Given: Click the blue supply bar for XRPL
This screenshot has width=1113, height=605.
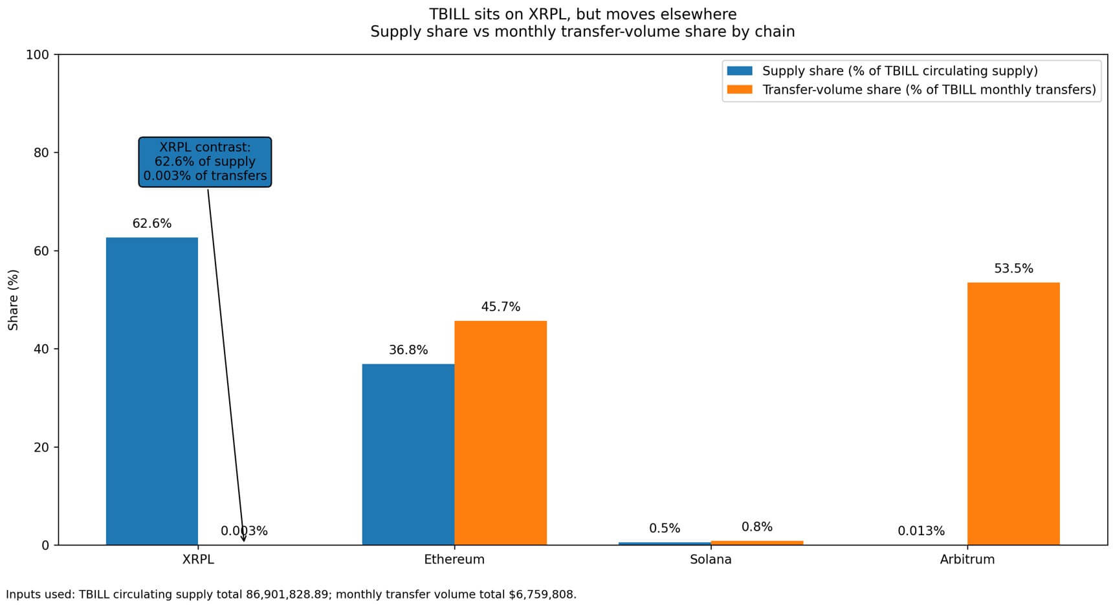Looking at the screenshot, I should click(x=152, y=391).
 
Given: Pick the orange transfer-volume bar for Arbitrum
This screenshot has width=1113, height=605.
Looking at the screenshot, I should click(x=1013, y=413).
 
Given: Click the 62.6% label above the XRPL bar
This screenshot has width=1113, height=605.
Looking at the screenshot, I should click(x=152, y=224).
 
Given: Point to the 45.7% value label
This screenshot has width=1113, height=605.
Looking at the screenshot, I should click(x=500, y=307).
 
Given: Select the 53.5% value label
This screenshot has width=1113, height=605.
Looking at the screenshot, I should click(x=1013, y=269).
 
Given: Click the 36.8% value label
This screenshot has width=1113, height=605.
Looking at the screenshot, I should click(x=408, y=350).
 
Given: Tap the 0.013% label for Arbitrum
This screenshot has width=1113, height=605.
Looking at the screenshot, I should click(x=921, y=531).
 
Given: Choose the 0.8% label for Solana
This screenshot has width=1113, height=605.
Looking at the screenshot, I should click(x=757, y=527).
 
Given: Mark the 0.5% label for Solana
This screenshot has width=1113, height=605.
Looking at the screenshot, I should click(x=665, y=529).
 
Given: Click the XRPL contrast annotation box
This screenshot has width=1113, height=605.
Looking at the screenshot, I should click(x=205, y=162).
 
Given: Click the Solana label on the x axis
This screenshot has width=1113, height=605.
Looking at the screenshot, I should click(x=711, y=560).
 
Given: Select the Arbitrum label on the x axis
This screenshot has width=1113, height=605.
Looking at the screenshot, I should click(x=967, y=560).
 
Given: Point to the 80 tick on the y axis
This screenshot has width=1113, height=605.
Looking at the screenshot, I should click(x=41, y=153).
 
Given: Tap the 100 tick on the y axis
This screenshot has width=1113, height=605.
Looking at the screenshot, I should click(x=38, y=55).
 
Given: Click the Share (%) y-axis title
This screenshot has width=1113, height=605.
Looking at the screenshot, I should click(x=14, y=300).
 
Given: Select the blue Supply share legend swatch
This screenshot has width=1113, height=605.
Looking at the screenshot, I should click(x=740, y=71).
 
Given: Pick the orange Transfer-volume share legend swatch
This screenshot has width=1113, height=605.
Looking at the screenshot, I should click(x=740, y=90).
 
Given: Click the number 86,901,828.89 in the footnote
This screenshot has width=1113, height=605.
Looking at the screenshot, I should click(x=287, y=594).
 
